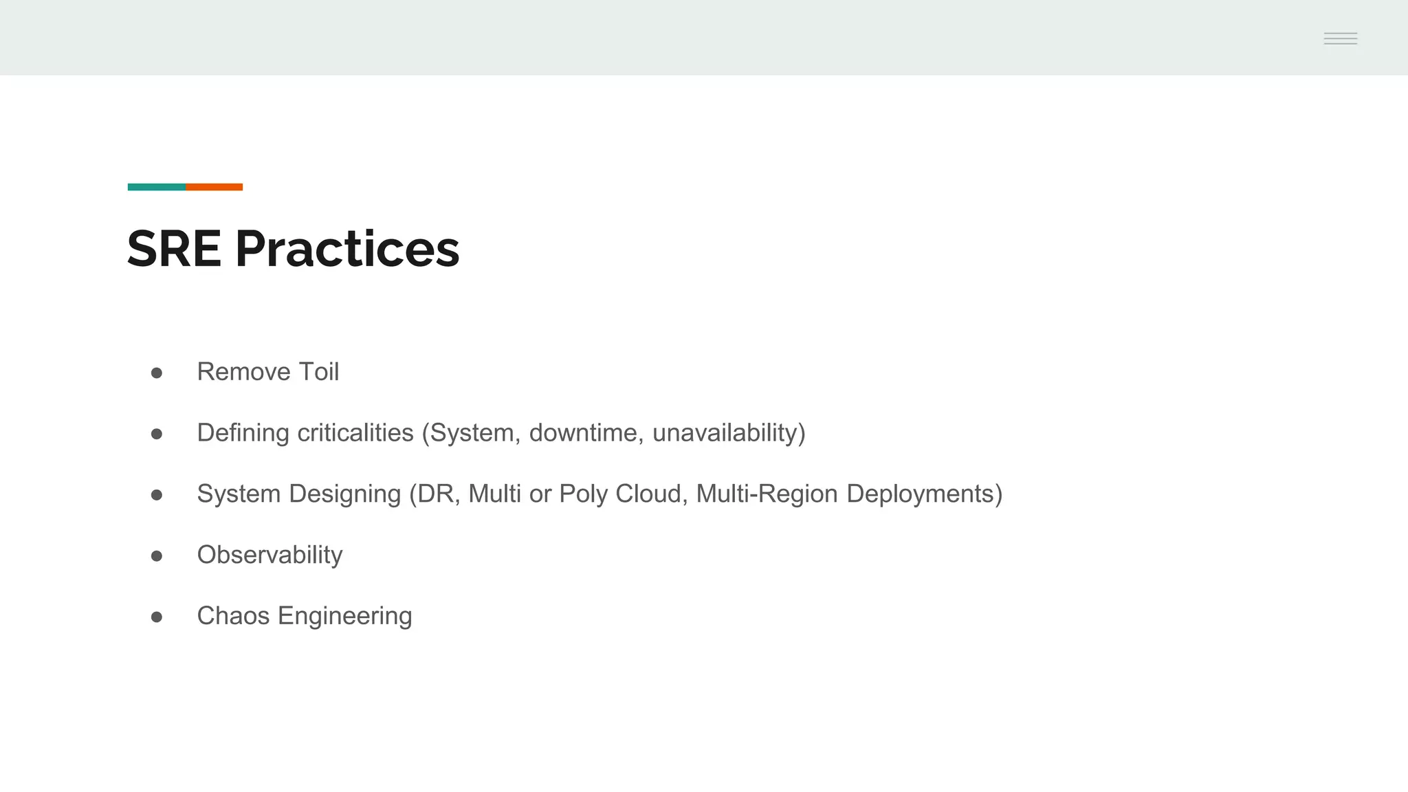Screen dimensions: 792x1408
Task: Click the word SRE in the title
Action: pyautogui.click(x=174, y=249)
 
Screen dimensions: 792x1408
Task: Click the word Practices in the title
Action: pyautogui.click(x=347, y=249)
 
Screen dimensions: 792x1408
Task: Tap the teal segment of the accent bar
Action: pyautogui.click(x=157, y=187)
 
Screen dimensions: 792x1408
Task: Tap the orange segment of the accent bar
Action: pyautogui.click(x=214, y=187)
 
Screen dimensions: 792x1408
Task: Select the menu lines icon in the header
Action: pyautogui.click(x=1340, y=38)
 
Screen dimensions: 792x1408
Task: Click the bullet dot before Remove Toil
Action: pyautogui.click(x=157, y=373)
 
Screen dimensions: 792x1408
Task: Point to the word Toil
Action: pyautogui.click(x=318, y=372)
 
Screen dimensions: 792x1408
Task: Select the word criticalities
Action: pyautogui.click(x=355, y=433)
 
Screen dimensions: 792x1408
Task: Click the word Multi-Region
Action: pyautogui.click(x=767, y=494)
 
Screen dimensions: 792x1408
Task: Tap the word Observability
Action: pyautogui.click(x=269, y=555)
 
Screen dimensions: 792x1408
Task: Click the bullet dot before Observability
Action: pyautogui.click(x=157, y=555)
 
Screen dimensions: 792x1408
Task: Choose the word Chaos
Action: pyautogui.click(x=233, y=616)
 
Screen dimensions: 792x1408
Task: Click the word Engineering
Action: pyautogui.click(x=344, y=616)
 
